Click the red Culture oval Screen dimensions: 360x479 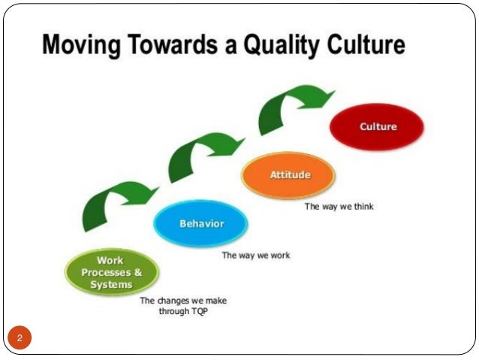(x=377, y=127)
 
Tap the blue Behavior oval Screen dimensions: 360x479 (x=200, y=224)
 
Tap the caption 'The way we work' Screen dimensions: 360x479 (x=255, y=256)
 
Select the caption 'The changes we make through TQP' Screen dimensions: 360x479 (x=183, y=306)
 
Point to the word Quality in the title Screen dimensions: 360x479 (x=289, y=48)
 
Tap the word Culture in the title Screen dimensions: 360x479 (x=369, y=48)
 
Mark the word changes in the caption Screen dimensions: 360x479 (x=175, y=301)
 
